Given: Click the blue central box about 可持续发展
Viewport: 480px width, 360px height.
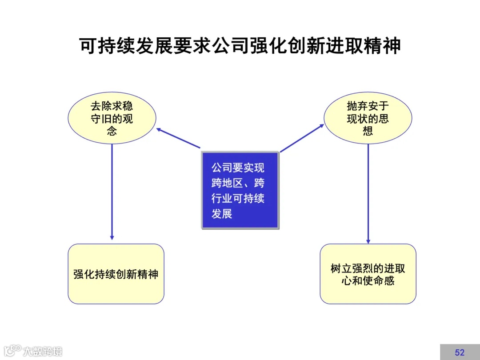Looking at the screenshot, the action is click(x=240, y=190).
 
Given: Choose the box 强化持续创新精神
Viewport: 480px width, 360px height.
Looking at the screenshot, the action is click(x=116, y=274).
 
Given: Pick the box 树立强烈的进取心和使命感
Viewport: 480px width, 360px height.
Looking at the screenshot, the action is click(x=368, y=274).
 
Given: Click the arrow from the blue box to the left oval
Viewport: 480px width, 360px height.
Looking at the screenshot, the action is click(x=178, y=138).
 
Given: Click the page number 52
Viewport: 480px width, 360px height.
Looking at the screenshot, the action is click(x=460, y=352).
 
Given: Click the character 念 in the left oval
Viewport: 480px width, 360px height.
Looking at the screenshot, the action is click(x=112, y=131).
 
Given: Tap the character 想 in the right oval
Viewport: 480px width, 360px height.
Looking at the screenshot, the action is click(x=368, y=131).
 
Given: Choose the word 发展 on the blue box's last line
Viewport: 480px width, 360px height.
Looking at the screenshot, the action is click(x=222, y=213).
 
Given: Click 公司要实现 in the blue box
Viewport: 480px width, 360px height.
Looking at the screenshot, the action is click(x=238, y=168).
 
